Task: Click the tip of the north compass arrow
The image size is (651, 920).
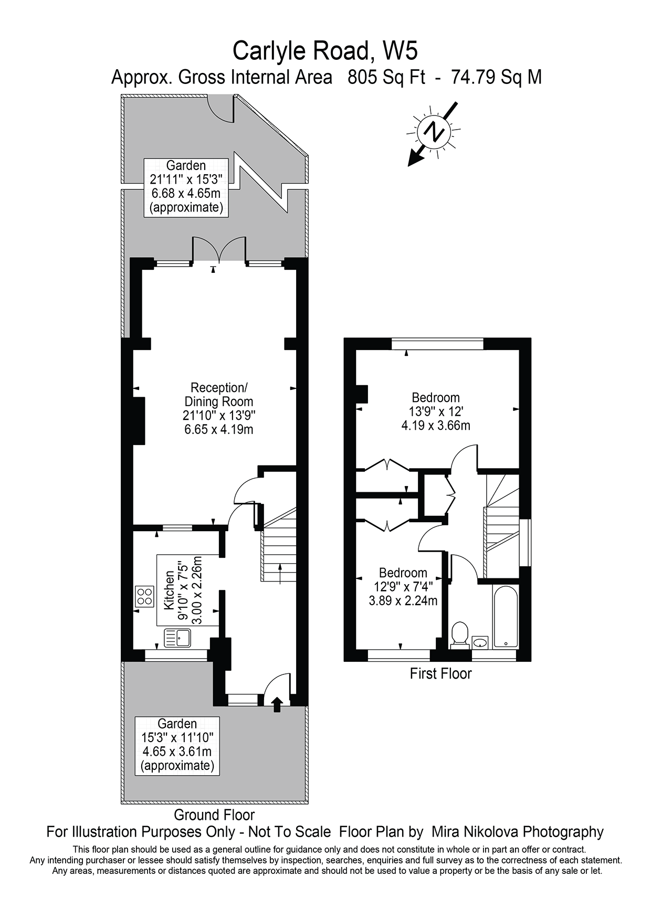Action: (x=409, y=166)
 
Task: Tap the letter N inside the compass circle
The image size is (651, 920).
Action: (x=434, y=130)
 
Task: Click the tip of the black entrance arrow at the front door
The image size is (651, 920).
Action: (x=277, y=696)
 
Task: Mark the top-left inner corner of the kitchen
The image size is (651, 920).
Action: (x=133, y=532)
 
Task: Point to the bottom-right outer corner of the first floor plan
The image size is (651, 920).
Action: (x=531, y=661)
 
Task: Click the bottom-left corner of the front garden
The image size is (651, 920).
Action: (x=122, y=803)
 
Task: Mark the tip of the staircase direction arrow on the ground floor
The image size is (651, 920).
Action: (x=279, y=563)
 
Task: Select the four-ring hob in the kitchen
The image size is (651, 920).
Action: (x=144, y=596)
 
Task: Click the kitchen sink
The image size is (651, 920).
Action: (x=178, y=638)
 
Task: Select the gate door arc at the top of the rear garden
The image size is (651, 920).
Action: (x=219, y=109)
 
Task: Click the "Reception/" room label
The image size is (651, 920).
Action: (x=218, y=388)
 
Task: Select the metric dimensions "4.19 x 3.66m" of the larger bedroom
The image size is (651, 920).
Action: (x=436, y=425)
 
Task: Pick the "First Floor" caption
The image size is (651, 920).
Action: (x=440, y=673)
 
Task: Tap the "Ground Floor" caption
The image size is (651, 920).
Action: (x=214, y=815)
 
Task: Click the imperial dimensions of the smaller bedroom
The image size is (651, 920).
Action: (x=403, y=587)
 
